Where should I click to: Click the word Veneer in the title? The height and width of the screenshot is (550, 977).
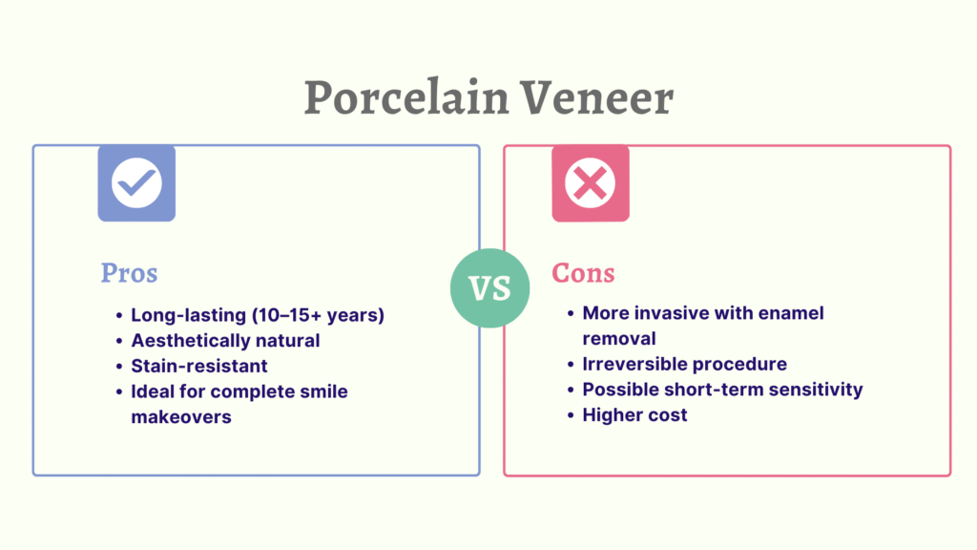tap(597, 97)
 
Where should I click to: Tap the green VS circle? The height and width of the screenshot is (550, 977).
tap(489, 288)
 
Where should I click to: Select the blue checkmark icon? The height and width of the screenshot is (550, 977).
tap(136, 183)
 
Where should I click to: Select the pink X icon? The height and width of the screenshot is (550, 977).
tap(590, 183)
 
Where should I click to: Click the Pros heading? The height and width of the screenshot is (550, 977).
tap(129, 273)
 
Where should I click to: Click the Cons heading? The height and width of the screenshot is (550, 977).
tap(583, 273)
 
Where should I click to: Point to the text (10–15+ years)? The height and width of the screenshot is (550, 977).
tap(318, 315)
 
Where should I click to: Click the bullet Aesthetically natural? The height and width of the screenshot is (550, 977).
tap(225, 341)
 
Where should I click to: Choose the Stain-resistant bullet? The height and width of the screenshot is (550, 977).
tap(198, 366)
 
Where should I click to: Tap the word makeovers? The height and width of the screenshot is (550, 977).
tap(180, 416)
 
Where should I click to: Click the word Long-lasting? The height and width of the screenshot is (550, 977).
tap(188, 315)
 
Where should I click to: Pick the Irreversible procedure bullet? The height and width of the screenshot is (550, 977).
tap(684, 364)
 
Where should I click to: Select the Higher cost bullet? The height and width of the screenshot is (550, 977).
tap(634, 414)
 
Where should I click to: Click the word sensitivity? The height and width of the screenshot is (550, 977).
tap(816, 390)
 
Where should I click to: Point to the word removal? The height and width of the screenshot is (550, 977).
tap(618, 339)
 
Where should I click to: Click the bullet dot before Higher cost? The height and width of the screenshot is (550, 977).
tap(571, 415)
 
